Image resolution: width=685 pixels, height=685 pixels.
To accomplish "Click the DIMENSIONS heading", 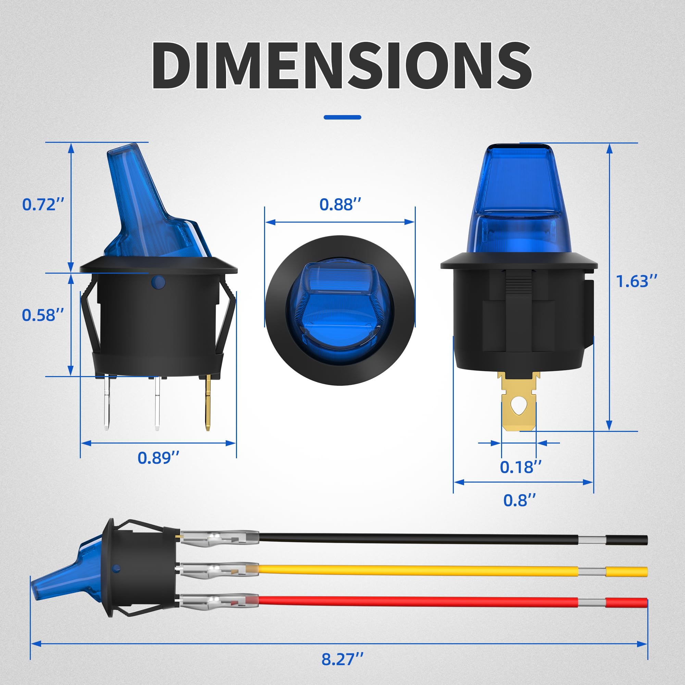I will click(342, 66).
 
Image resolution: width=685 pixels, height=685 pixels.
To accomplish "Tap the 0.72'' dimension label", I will click(43, 205).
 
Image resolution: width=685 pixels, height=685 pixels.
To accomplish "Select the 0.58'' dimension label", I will click(43, 315).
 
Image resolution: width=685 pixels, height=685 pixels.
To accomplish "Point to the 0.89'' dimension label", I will click(159, 458).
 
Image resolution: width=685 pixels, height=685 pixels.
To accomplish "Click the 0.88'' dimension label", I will click(340, 204).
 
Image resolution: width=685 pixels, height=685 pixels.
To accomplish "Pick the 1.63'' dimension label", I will click(636, 282).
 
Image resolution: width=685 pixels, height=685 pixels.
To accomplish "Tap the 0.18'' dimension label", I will click(521, 467).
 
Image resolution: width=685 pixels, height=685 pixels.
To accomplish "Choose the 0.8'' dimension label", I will click(520, 500).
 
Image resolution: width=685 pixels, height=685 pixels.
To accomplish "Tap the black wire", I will click(419, 539).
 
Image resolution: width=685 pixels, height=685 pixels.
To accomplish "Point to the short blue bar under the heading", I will click(342, 117).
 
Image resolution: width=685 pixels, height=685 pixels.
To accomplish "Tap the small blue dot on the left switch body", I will click(158, 282).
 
